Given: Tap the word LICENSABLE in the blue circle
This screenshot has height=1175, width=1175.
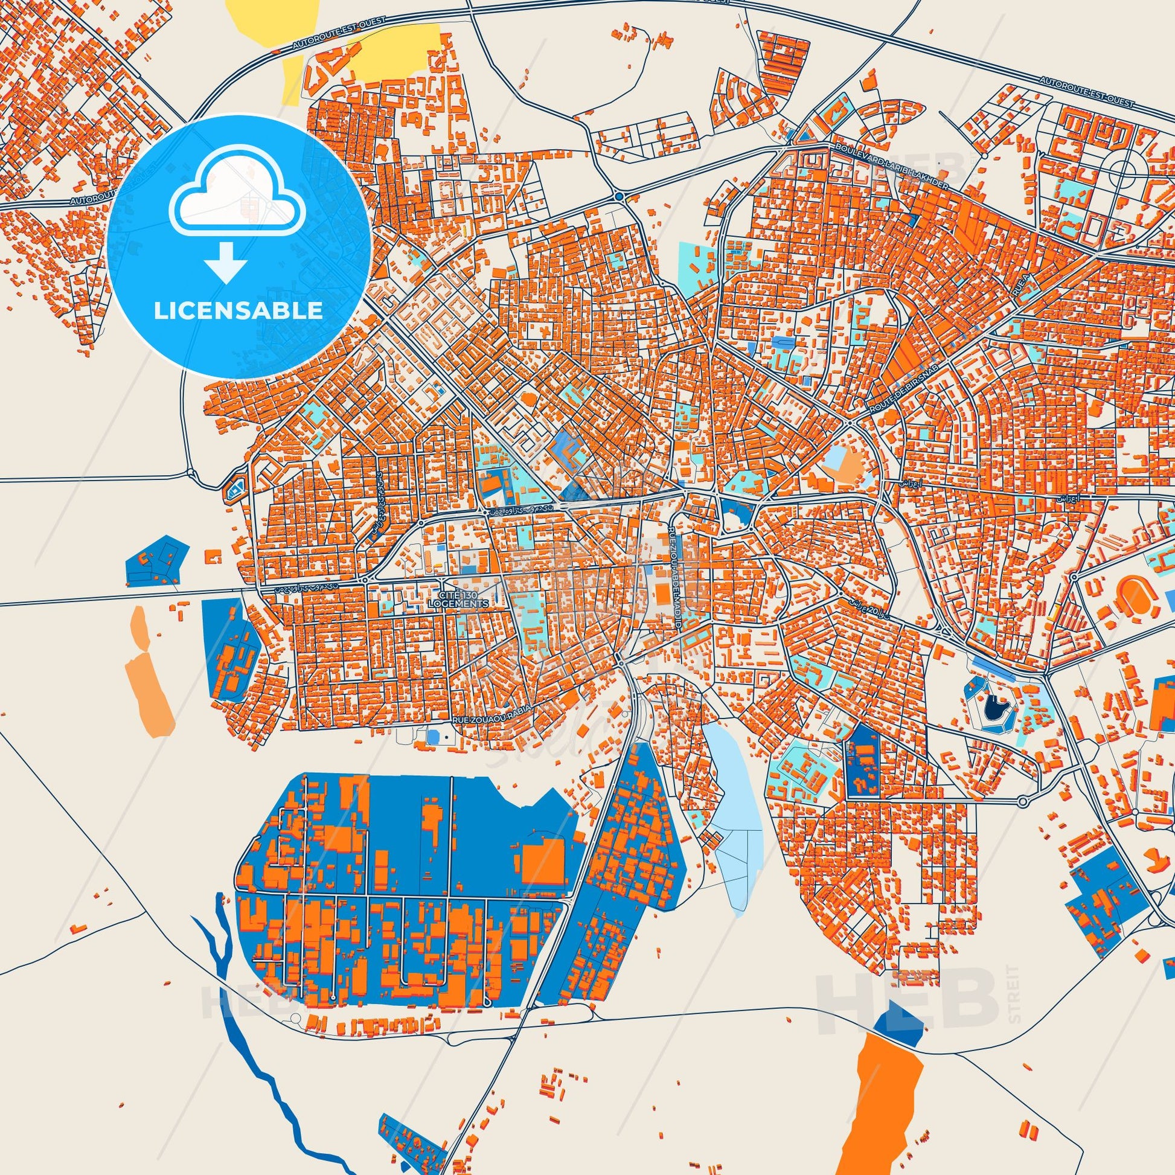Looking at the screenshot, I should (x=239, y=311).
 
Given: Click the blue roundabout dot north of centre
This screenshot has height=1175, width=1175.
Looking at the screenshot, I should (x=618, y=197).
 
